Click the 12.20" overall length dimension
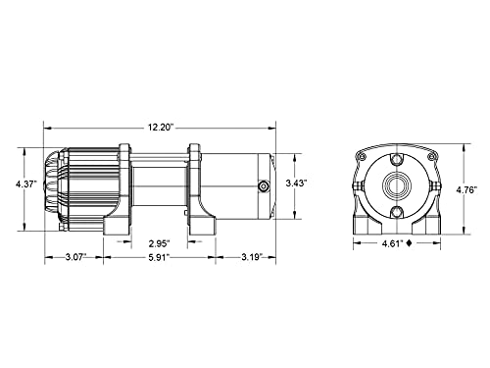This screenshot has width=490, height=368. (160, 128)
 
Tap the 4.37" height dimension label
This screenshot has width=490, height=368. (26, 184)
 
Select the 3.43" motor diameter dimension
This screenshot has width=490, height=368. (296, 184)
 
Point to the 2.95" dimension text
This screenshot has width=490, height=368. (160, 243)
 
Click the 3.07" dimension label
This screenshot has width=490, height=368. (75, 257)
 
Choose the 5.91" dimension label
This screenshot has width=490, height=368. (160, 257)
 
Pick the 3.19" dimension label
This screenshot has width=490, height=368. (252, 257)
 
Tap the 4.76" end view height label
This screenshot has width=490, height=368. (467, 189)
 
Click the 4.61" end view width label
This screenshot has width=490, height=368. (393, 243)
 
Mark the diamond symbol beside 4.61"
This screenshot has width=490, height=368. (409, 243)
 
